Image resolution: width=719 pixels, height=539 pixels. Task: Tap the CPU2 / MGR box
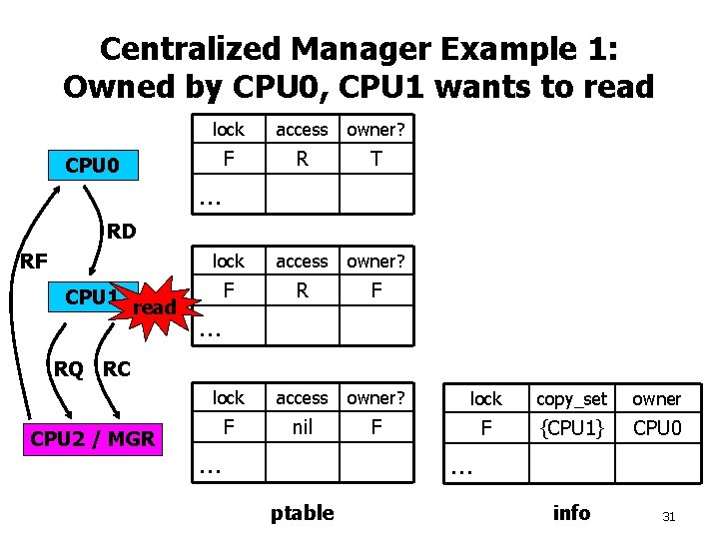click(93, 438)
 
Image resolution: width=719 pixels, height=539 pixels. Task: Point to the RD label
click(122, 233)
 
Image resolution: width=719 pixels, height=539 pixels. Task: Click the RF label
click(33, 263)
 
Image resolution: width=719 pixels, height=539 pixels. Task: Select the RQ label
click(69, 369)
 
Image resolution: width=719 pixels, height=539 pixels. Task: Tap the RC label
click(117, 369)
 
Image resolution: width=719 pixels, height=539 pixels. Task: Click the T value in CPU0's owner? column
click(375, 159)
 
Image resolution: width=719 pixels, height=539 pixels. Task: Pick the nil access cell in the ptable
click(302, 427)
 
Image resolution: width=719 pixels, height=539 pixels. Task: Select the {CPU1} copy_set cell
click(571, 428)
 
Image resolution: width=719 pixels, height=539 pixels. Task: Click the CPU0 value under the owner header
click(656, 428)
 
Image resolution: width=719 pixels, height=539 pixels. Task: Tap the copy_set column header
click(571, 399)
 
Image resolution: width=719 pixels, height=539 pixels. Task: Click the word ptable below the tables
click(302, 513)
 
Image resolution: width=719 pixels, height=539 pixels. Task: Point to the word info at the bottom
click(571, 513)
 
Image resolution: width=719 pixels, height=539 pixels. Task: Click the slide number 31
click(669, 517)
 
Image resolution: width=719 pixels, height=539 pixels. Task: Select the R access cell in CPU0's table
click(302, 159)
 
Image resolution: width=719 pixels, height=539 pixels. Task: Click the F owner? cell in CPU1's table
click(375, 290)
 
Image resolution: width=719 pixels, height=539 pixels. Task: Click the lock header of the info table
click(486, 399)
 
